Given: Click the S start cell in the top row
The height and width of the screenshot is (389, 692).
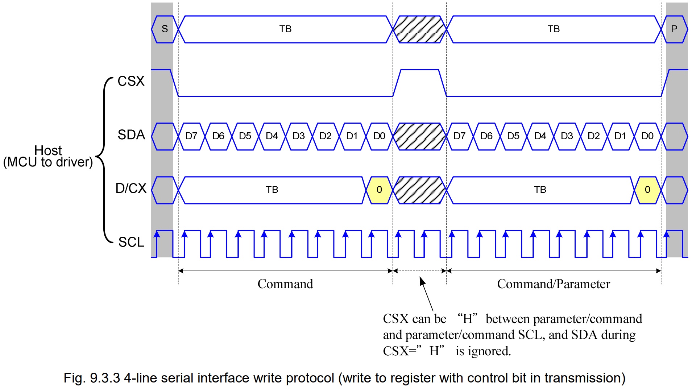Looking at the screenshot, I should pyautogui.click(x=165, y=29).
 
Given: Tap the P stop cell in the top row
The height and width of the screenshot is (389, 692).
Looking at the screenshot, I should pyautogui.click(x=674, y=29).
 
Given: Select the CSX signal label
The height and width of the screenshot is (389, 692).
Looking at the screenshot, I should pyautogui.click(x=131, y=81).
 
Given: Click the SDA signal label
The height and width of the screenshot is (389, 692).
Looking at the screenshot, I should pyautogui.click(x=131, y=135).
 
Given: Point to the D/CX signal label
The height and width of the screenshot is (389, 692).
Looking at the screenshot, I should pyautogui.click(x=131, y=189).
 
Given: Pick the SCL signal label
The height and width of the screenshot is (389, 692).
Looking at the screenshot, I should pyautogui.click(x=131, y=242).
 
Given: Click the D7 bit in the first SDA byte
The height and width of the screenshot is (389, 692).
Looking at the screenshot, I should pyautogui.click(x=191, y=136).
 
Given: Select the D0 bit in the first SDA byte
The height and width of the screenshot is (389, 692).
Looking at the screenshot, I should pyautogui.click(x=379, y=136).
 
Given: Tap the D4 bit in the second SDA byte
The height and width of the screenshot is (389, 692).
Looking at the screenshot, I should pyautogui.click(x=540, y=136).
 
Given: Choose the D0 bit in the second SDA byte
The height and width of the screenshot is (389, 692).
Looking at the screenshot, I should pyautogui.click(x=647, y=136).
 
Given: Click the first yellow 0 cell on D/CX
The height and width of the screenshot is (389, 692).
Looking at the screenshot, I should pyautogui.click(x=379, y=190).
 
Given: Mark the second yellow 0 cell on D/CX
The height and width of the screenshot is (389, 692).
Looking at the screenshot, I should pyautogui.click(x=647, y=190).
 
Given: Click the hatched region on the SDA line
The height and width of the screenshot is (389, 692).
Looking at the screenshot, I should pyautogui.click(x=419, y=136).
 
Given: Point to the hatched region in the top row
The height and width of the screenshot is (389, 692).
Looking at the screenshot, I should pyautogui.click(x=419, y=29).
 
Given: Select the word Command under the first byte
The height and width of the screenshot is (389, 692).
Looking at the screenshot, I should pyautogui.click(x=285, y=284).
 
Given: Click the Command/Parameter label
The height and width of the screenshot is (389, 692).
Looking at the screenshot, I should pyautogui.click(x=554, y=284).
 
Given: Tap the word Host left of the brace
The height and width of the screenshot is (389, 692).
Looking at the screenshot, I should pyautogui.click(x=48, y=150).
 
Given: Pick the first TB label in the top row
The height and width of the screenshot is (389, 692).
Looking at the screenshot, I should pyautogui.click(x=285, y=29).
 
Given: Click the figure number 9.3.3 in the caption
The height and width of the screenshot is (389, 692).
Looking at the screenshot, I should pyautogui.click(x=105, y=378).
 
